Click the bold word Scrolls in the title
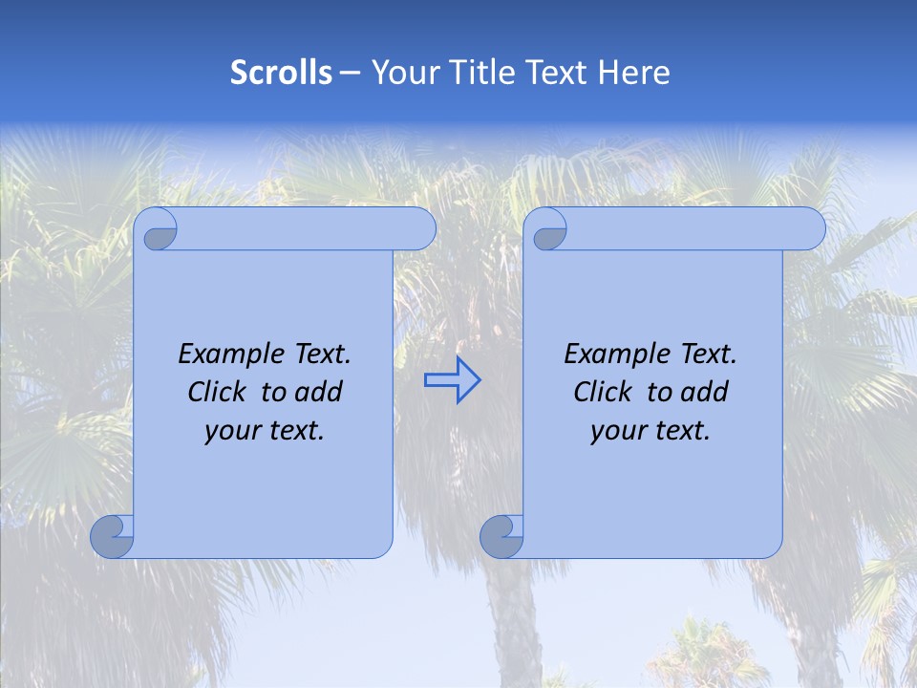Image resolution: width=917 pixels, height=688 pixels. [x=281, y=73]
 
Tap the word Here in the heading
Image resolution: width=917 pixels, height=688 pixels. [x=633, y=73]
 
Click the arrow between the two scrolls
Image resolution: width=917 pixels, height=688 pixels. [x=452, y=379]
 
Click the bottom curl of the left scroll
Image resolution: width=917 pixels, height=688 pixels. [x=113, y=536]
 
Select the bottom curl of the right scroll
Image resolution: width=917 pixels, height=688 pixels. [x=501, y=536]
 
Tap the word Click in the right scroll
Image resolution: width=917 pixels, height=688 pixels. [x=603, y=392]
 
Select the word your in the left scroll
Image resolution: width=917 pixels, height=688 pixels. [x=232, y=431]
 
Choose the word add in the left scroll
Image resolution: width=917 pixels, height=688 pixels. [x=320, y=392]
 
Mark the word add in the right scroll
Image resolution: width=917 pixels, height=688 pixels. [x=706, y=392]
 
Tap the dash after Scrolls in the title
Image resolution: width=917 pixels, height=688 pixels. [x=351, y=73]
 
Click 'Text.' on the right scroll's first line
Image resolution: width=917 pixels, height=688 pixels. [x=708, y=355]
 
